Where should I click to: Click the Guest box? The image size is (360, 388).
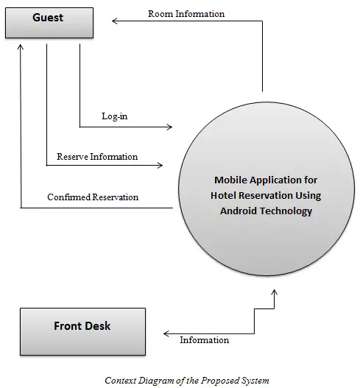(x=49, y=23)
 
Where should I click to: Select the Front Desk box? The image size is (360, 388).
(x=82, y=331)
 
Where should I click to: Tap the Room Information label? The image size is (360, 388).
(x=186, y=14)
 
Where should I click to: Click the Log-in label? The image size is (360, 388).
(x=115, y=116)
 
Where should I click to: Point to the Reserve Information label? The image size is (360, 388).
(x=97, y=157)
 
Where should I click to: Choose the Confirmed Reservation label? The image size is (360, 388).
(x=93, y=197)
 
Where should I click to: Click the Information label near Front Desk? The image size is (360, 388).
(x=205, y=340)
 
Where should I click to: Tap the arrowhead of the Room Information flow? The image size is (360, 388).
(x=114, y=21)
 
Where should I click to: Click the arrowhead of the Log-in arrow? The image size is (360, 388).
(x=170, y=127)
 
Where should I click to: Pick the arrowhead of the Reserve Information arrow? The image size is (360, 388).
(x=160, y=165)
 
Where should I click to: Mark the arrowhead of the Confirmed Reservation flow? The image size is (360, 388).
(x=21, y=47)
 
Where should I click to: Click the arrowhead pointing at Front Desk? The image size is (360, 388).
(x=166, y=334)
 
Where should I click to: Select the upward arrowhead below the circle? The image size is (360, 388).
(x=274, y=292)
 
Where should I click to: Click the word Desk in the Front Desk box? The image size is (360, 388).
(x=98, y=326)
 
